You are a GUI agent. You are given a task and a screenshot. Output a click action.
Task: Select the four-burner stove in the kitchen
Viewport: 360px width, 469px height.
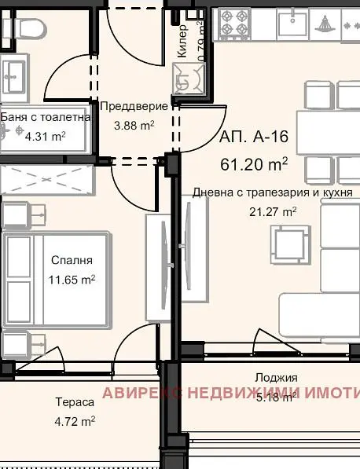pyautogui.click(x=234, y=24)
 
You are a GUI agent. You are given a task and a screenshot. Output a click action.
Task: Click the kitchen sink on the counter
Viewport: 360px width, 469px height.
pyautogui.click(x=292, y=24)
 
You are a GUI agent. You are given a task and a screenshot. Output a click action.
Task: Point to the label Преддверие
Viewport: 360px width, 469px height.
pyautogui.click(x=134, y=107)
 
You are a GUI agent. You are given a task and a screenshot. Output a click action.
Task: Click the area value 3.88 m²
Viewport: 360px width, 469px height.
pyautogui.click(x=134, y=126)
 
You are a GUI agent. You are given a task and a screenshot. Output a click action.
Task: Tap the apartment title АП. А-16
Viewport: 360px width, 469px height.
pyautogui.click(x=254, y=137)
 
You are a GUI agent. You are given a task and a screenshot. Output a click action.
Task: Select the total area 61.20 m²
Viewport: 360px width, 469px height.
pyautogui.click(x=254, y=164)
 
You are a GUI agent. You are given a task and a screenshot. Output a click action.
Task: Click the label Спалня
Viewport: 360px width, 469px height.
pyautogui.click(x=72, y=260)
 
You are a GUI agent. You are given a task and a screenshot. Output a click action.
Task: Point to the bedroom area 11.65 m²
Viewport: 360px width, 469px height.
pyautogui.click(x=72, y=280)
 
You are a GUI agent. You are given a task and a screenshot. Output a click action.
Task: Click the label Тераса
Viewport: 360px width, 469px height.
pyautogui.click(x=75, y=402)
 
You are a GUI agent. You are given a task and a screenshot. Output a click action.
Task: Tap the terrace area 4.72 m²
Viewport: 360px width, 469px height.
pyautogui.click(x=75, y=422)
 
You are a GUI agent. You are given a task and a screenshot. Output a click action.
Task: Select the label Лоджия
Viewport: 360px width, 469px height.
pyautogui.click(x=276, y=378)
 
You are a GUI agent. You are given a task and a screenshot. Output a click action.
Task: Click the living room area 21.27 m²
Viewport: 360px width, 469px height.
pyautogui.click(x=273, y=212)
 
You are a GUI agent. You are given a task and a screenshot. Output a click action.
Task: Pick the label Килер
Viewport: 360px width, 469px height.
pyautogui.click(x=182, y=41)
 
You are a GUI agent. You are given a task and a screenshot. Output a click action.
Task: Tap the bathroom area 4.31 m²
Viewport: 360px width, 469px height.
pyautogui.click(x=45, y=137)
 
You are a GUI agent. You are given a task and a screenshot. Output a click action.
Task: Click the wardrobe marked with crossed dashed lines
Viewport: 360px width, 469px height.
pyautogui.click(x=47, y=180)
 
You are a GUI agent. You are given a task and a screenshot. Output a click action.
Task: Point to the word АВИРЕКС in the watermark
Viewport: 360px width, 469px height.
pyautogui.click(x=142, y=393)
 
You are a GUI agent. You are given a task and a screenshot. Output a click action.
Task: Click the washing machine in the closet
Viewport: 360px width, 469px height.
pyautogui.click(x=189, y=79)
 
